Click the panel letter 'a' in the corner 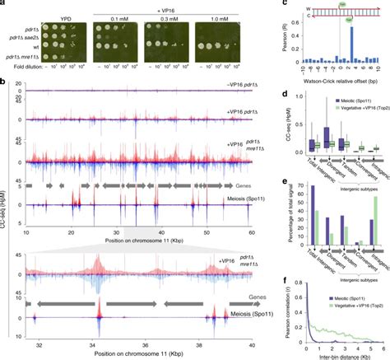tap(3, 4)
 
